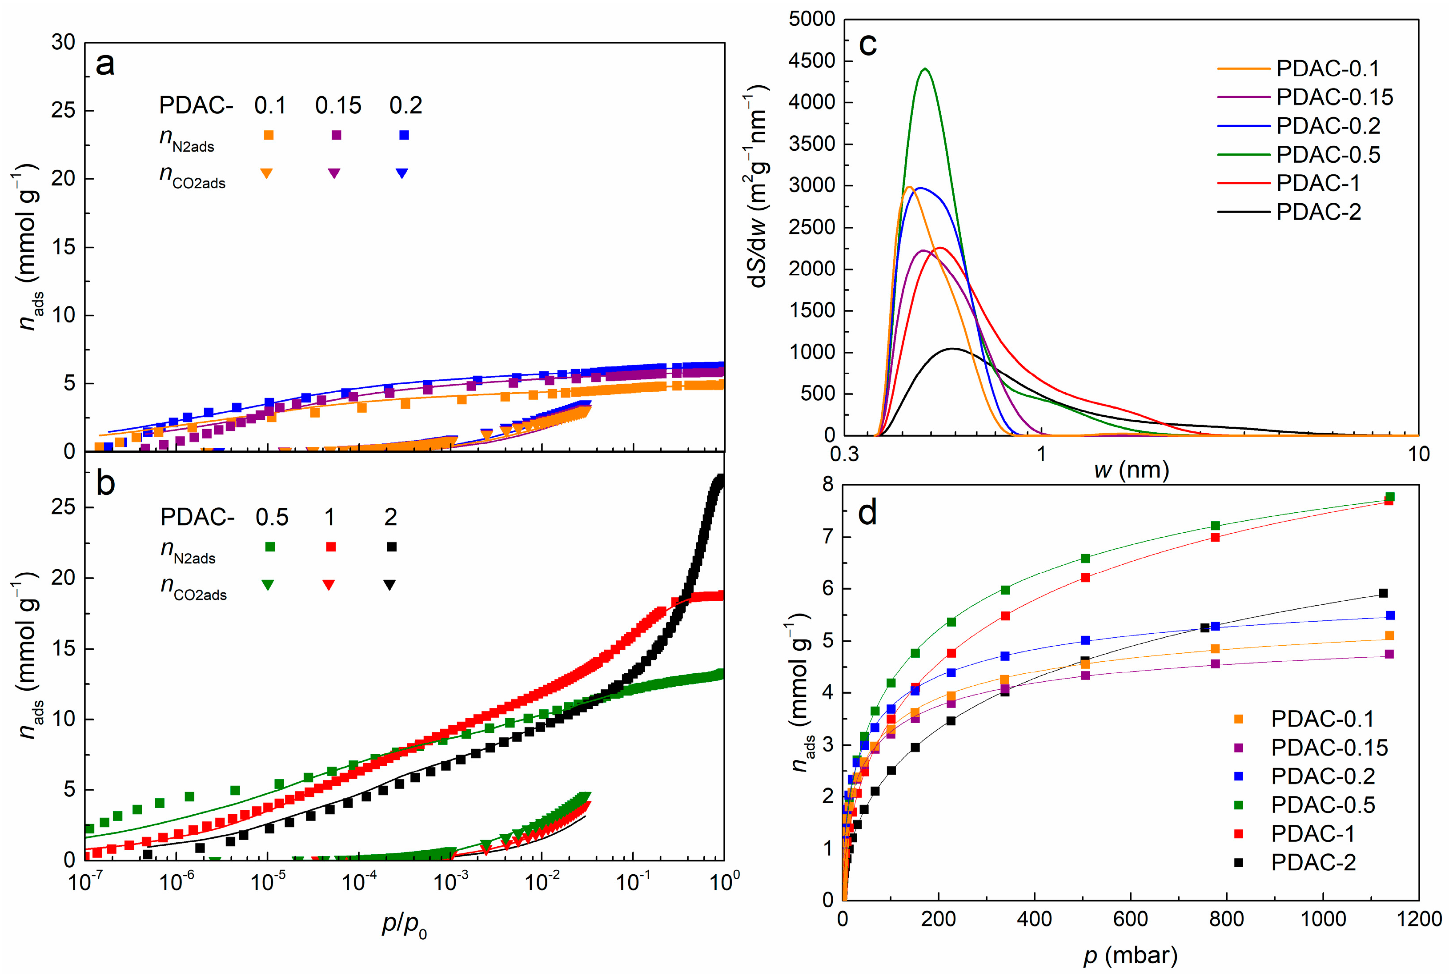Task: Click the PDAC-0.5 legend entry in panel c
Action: pyautogui.click(x=1328, y=154)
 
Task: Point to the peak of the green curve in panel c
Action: pyautogui.click(x=925, y=69)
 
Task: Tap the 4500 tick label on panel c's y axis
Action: pyautogui.click(x=811, y=61)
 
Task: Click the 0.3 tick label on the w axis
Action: pyautogui.click(x=844, y=454)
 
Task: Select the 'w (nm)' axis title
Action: pyautogui.click(x=1131, y=470)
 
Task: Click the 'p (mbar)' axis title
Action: pyautogui.click(x=1130, y=955)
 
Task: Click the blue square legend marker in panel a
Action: pyautogui.click(x=404, y=135)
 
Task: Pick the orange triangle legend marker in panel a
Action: pyautogui.click(x=267, y=173)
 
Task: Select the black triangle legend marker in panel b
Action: pyautogui.click(x=389, y=584)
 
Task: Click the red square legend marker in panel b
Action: pyautogui.click(x=331, y=547)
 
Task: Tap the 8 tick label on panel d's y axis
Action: pyautogui.click(x=827, y=485)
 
